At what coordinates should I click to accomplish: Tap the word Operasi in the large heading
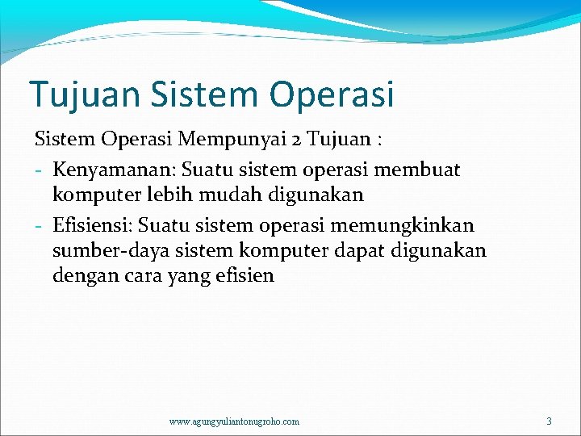tap(332, 94)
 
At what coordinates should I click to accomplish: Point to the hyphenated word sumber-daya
tap(109, 250)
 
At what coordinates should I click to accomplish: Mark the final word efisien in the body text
tap(246, 276)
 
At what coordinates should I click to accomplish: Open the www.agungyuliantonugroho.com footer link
tap(234, 421)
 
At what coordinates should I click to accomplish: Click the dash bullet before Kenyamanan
tap(39, 170)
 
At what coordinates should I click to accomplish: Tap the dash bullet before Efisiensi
tap(39, 225)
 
